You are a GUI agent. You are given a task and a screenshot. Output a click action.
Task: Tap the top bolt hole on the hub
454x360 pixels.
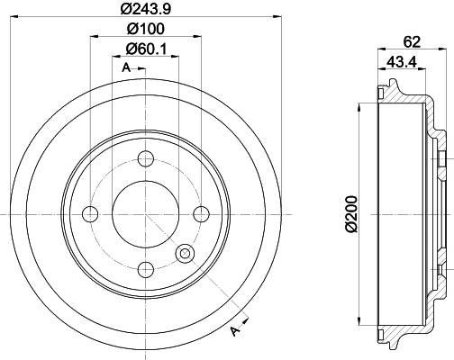[x=144, y=160]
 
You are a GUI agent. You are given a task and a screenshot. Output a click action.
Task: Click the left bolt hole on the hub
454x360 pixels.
[x=90, y=214]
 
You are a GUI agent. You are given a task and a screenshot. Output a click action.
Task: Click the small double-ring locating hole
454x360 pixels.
[x=186, y=254]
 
